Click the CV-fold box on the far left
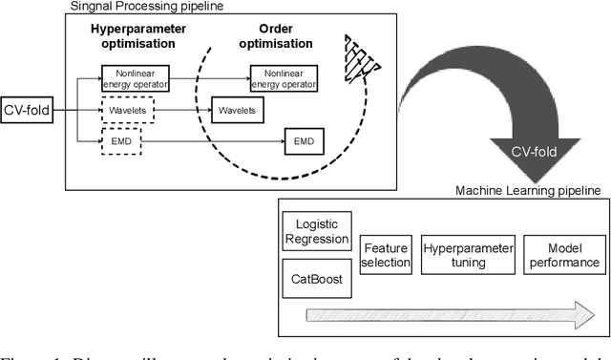[26, 111]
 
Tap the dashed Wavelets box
[127, 111]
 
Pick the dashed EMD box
[120, 144]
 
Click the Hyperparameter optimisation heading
[134, 35]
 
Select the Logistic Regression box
[318, 232]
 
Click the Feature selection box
[386, 255]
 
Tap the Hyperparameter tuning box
[468, 255]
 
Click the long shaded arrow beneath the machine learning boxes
[449, 316]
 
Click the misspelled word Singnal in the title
[95, 7]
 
